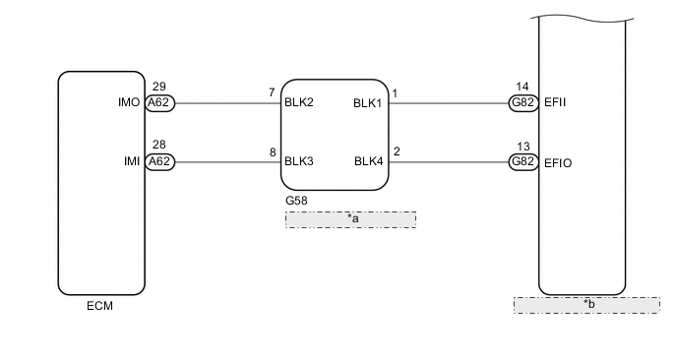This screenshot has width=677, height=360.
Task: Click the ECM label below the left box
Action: tap(100, 306)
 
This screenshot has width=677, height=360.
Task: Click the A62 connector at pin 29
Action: tap(159, 102)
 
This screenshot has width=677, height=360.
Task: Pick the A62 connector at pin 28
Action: tap(159, 162)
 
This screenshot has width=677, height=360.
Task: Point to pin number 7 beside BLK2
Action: tap(272, 92)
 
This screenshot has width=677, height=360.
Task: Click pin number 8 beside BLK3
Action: tap(272, 152)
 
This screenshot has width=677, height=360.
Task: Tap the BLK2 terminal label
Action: tap(299, 102)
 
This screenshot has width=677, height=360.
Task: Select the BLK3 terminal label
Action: tap(299, 162)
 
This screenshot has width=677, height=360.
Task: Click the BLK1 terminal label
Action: tap(368, 102)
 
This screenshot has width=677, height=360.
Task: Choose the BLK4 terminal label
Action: tap(368, 162)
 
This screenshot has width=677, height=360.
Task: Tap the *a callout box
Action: tap(350, 219)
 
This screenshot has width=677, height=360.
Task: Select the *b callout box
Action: tap(586, 305)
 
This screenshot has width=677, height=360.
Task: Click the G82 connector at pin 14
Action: tap(523, 102)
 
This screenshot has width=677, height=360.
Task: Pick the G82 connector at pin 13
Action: tap(523, 162)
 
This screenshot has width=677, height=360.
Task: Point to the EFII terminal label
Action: tap(556, 102)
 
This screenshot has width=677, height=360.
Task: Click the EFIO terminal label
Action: tap(558, 162)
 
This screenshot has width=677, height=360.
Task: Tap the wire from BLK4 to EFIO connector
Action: tap(448, 162)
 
